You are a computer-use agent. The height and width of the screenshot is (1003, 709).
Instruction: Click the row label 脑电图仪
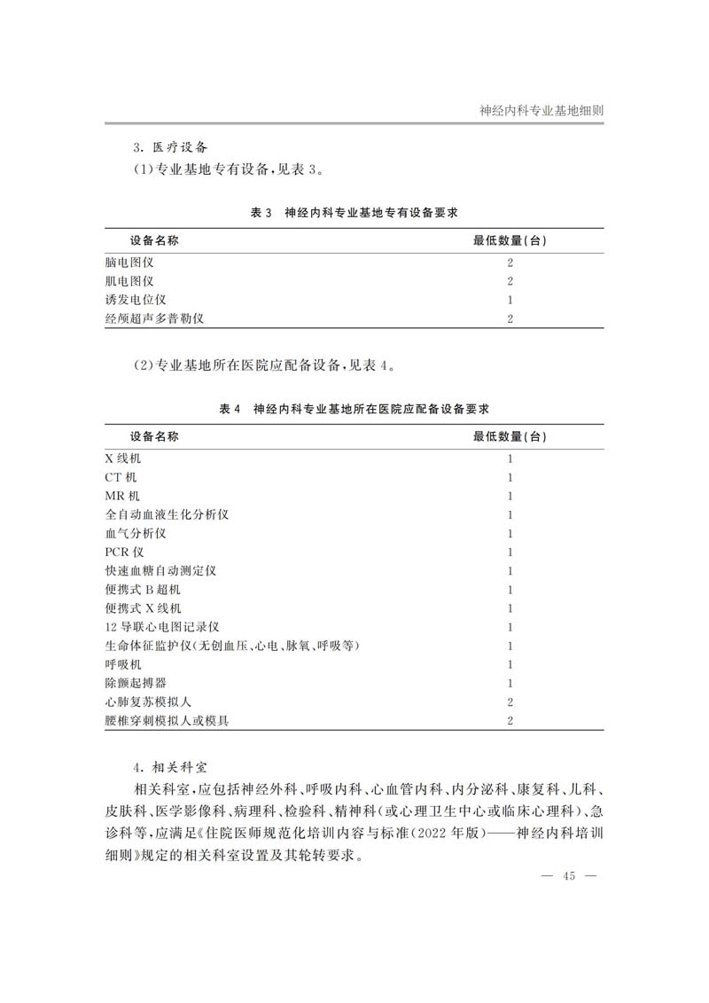tap(129, 263)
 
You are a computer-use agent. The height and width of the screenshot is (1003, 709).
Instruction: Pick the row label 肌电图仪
tap(129, 281)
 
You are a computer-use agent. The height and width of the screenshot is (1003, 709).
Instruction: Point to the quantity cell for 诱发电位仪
tap(510, 300)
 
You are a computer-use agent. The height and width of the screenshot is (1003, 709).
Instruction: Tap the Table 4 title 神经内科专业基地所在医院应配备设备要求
tap(354, 409)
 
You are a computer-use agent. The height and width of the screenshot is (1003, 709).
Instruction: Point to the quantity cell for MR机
tap(510, 496)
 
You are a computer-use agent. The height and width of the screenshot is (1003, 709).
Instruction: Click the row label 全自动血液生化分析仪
tap(160, 514)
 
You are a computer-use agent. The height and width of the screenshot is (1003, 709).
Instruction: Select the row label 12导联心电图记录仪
tap(161, 626)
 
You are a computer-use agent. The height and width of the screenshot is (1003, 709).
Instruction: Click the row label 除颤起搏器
tap(135, 683)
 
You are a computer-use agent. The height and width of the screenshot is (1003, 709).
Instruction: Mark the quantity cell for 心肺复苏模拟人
tap(510, 701)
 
